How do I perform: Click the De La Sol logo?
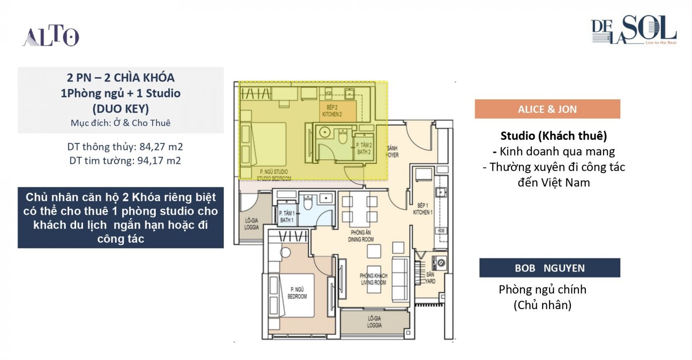coord(634,31)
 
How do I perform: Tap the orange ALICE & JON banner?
coord(547,109)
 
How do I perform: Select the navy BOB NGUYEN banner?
coord(550,268)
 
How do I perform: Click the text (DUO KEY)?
coord(121,108)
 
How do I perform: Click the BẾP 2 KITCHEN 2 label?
coord(332,111)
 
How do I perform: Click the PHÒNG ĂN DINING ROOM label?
coord(362,236)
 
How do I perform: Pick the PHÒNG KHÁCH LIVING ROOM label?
coord(374,279)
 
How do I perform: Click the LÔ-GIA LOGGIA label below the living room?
coord(374,322)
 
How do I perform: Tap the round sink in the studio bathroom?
coord(325,133)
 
